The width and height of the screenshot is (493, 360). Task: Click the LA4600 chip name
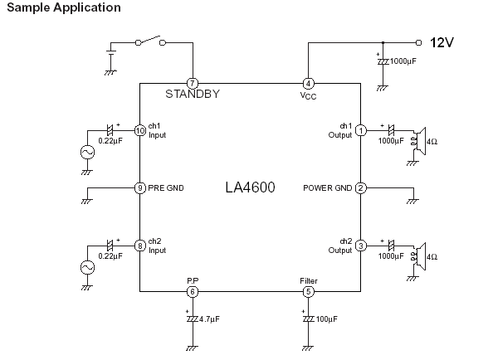pos(251,187)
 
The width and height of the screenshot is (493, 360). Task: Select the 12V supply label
pos(442,42)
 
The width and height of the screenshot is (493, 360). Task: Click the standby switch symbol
pos(150,41)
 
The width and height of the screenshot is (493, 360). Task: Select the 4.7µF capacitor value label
pos(209,319)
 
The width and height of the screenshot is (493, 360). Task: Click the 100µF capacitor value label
pos(327,319)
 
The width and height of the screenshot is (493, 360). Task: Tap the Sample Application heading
pos(64,7)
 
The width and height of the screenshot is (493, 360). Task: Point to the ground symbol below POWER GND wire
pos(412,202)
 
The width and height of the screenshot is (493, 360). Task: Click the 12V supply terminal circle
pos(418,42)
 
